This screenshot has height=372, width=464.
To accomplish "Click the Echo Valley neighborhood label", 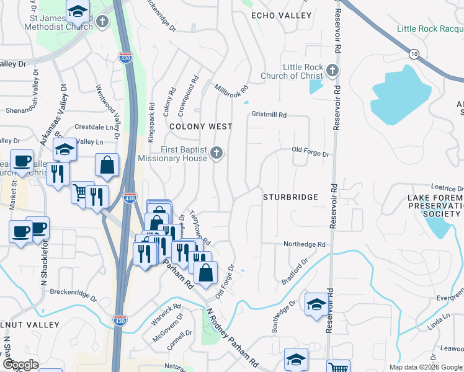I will pos(281,15).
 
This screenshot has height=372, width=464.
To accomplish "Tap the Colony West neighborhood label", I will pos(201,126).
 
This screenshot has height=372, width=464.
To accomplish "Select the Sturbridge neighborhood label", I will pos(290,197).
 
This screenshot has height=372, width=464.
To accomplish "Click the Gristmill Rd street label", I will pos(269,115).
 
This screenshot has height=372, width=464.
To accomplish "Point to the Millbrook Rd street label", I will pos(231,93).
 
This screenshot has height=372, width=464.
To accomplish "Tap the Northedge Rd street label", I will pos(305,245).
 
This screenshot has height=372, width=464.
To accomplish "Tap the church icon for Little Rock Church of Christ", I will pos(332,71).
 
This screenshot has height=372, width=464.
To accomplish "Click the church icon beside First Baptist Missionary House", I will pos(216,153).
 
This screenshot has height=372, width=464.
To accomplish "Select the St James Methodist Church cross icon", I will pos(102,22).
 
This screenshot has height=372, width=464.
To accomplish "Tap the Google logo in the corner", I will pos(21,365).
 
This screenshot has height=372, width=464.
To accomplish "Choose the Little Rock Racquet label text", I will pos(431,29).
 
